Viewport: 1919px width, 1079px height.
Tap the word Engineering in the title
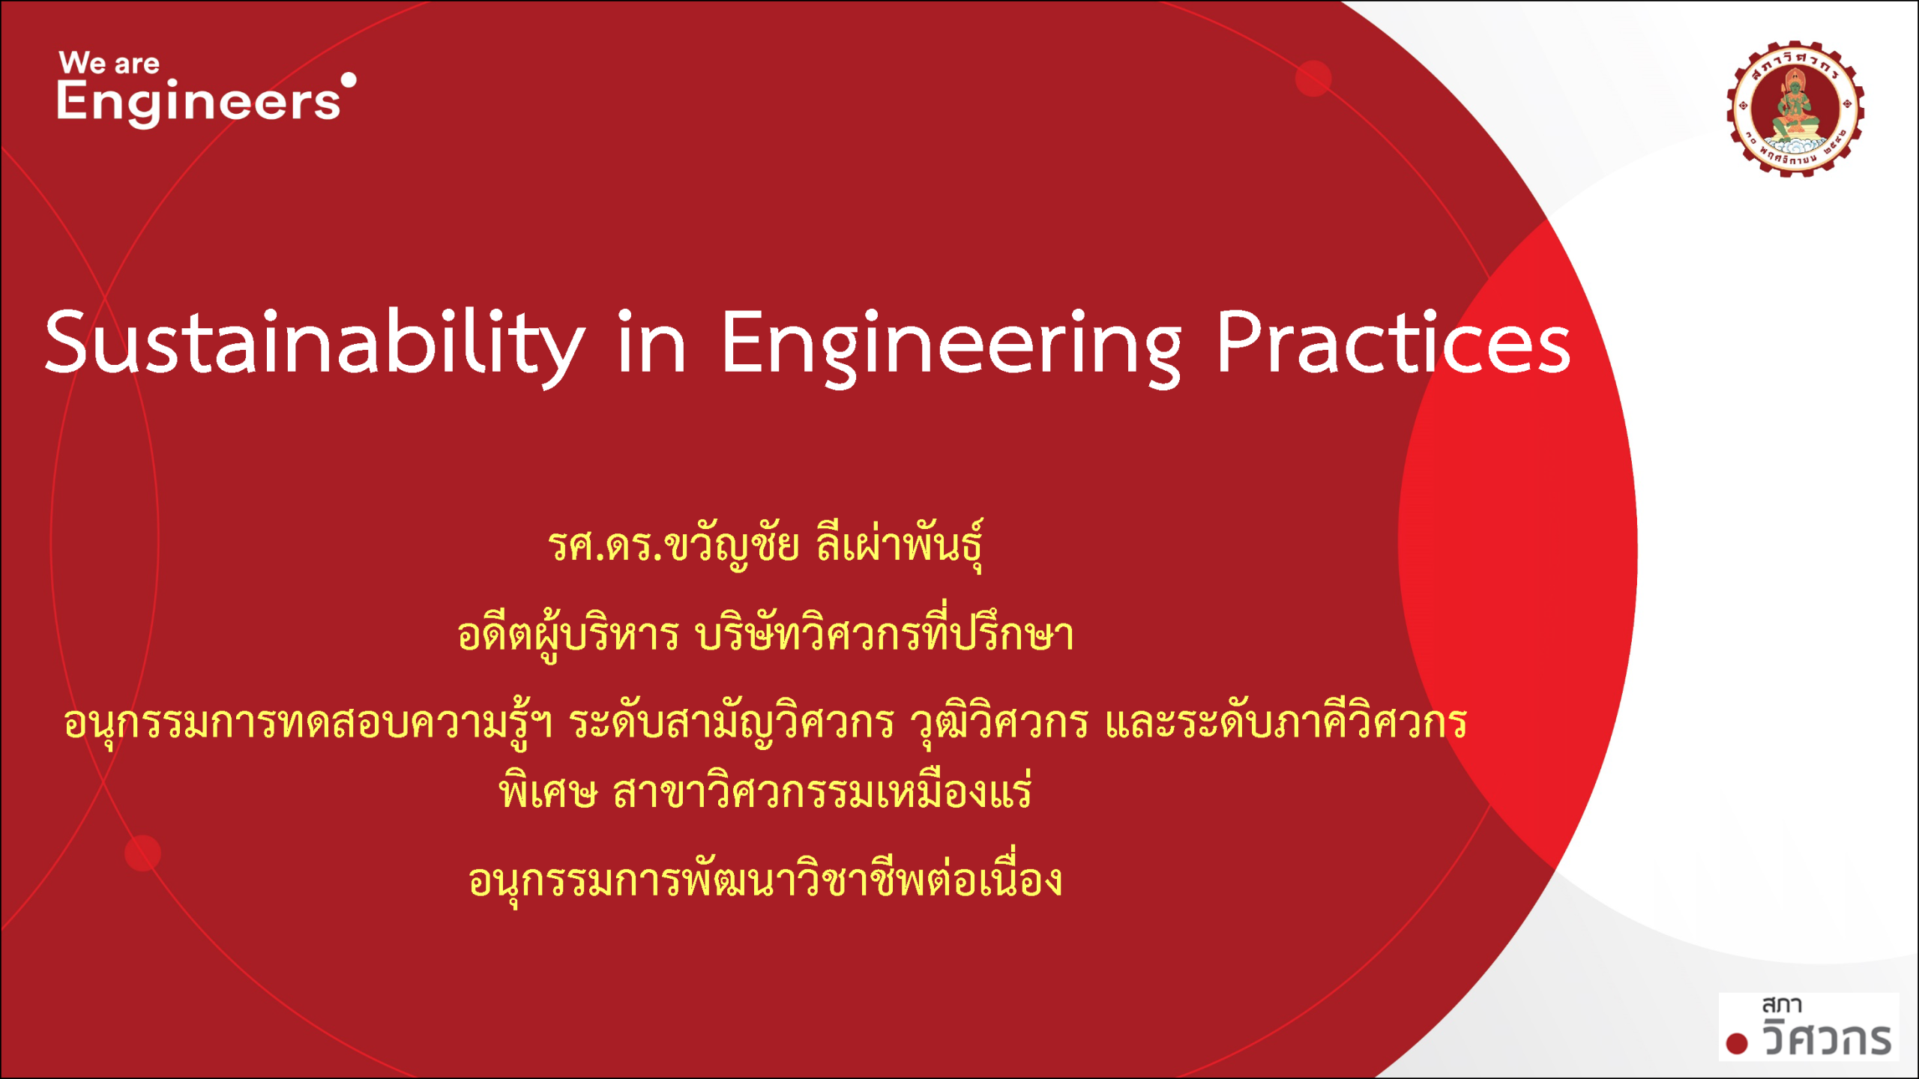pyautogui.click(x=951, y=343)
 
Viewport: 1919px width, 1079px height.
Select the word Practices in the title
pyautogui.click(x=1393, y=343)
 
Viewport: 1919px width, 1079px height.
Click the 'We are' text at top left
pyautogui.click(x=109, y=64)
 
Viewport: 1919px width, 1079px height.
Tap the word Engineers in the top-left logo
pyautogui.click(x=199, y=103)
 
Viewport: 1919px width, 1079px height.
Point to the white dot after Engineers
pyautogui.click(x=349, y=79)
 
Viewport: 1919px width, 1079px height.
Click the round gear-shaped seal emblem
pyautogui.click(x=1795, y=109)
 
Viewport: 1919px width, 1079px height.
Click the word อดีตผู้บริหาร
pyautogui.click(x=568, y=635)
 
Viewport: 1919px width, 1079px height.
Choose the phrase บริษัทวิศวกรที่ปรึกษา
pyautogui.click(x=885, y=635)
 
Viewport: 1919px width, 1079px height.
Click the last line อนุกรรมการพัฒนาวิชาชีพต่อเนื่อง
pyautogui.click(x=765, y=880)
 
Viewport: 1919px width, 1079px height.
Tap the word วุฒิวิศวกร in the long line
pyautogui.click(x=998, y=723)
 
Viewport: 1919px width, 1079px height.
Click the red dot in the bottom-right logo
pyautogui.click(x=1737, y=1043)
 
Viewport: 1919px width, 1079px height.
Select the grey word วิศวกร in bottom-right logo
pyautogui.click(x=1827, y=1039)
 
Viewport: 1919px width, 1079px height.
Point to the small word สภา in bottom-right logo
pyautogui.click(x=1781, y=1005)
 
